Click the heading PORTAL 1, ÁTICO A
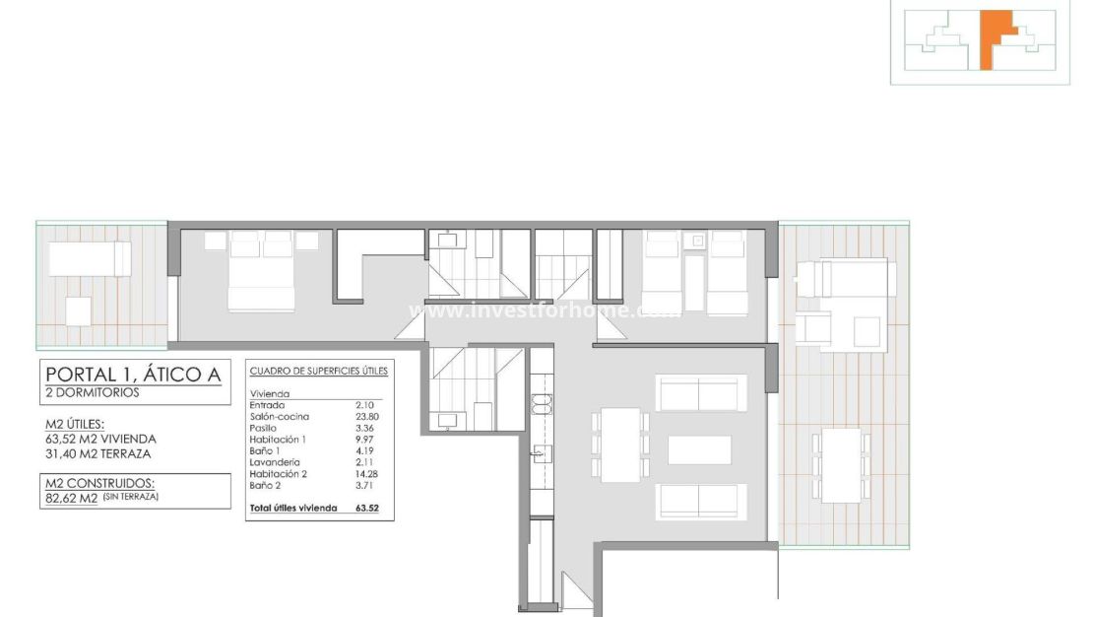[x=132, y=375]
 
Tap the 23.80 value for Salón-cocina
[x=366, y=416]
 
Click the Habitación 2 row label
[x=279, y=473]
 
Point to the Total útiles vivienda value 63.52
[x=367, y=508]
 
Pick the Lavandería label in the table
[x=275, y=461]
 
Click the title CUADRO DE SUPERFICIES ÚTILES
[x=319, y=372]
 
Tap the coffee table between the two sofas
[x=699, y=449]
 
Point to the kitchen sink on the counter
[x=542, y=452]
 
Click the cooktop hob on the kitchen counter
[x=542, y=402]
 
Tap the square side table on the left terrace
[x=79, y=311]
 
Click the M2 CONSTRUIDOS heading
[x=99, y=483]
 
